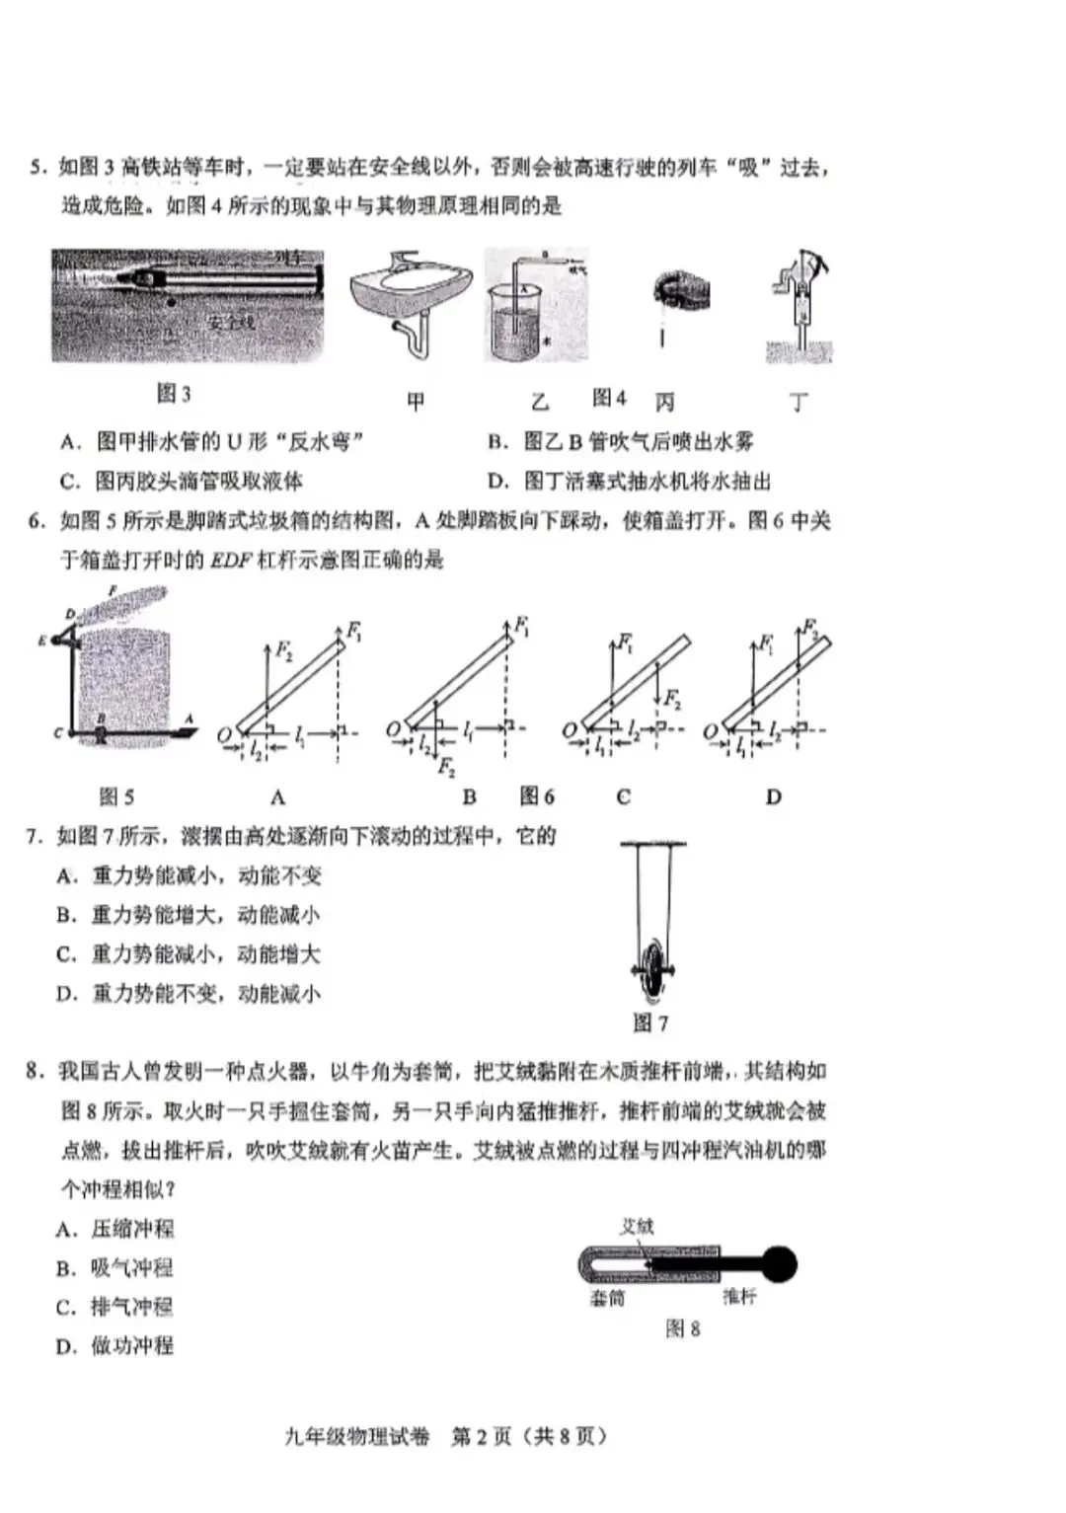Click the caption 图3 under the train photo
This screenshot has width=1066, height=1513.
point(174,394)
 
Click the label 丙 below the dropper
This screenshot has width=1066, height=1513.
point(665,402)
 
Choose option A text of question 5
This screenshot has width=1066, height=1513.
point(212,441)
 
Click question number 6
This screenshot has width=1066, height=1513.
point(38,521)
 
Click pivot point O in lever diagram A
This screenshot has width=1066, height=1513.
point(224,733)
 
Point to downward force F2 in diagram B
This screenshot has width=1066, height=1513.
point(446,766)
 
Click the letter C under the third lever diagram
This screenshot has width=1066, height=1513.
point(623,797)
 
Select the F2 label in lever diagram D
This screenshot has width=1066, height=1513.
point(810,627)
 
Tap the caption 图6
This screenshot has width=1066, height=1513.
point(538,795)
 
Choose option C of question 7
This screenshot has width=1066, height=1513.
point(189,954)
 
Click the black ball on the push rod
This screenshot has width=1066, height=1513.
point(780,1264)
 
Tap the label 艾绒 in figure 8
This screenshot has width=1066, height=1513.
point(637,1226)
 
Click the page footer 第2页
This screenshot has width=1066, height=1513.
point(482,1436)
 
